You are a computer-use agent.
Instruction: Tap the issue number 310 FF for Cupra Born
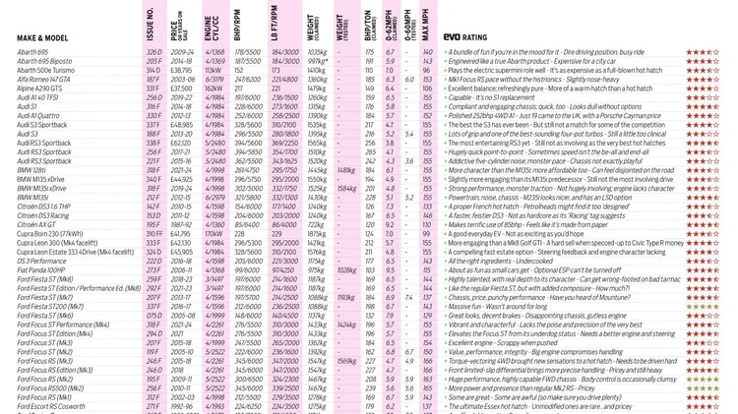click(x=153, y=233)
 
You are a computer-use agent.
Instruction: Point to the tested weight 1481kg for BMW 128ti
click(x=345, y=170)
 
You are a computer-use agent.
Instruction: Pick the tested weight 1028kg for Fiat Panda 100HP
click(x=346, y=269)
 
